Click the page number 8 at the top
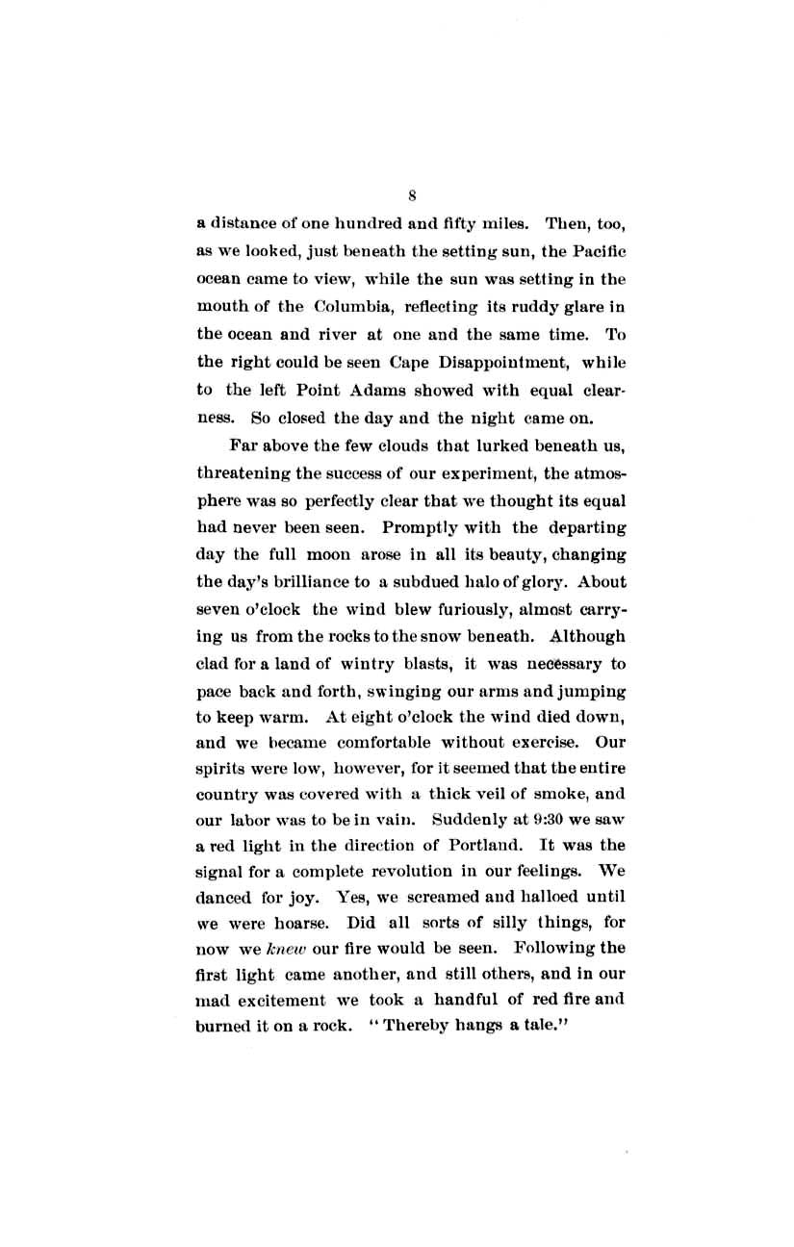coord(411,195)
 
